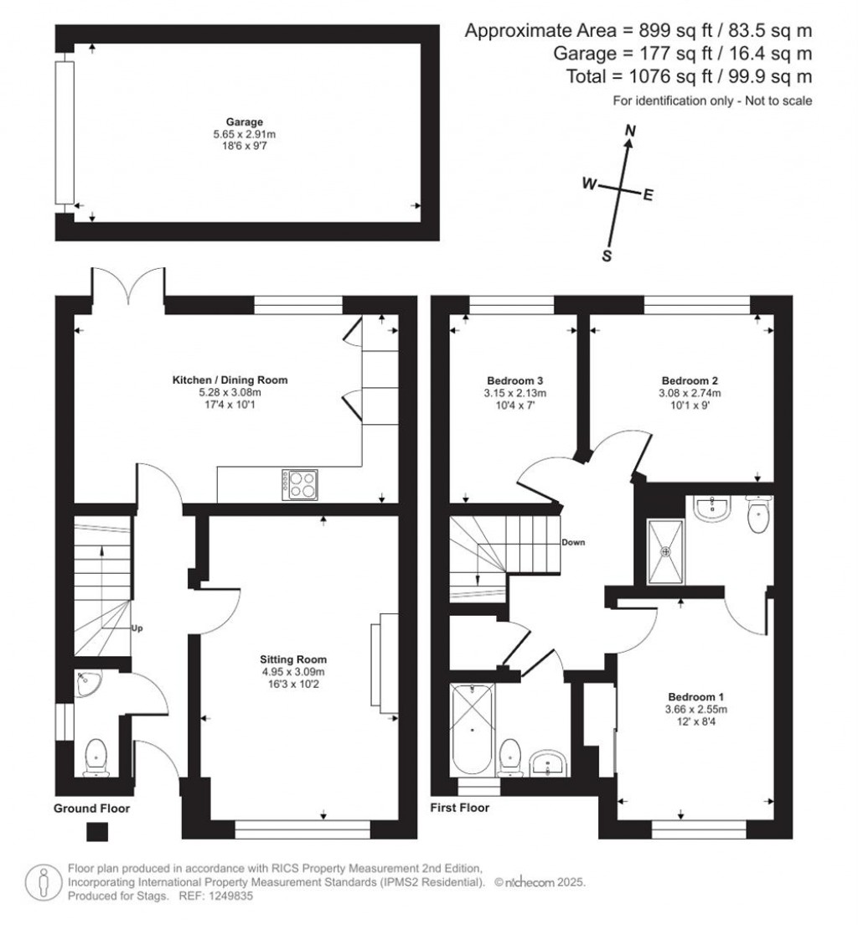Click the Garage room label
(x=245, y=122)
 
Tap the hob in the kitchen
(x=300, y=484)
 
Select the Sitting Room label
(x=293, y=659)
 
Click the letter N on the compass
(x=630, y=131)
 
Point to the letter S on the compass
(x=606, y=256)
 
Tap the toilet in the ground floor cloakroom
(x=96, y=757)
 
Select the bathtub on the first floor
(x=472, y=730)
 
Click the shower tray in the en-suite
(x=665, y=551)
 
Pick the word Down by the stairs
(x=573, y=542)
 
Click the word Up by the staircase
(x=137, y=628)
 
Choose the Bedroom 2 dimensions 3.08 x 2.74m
(x=690, y=393)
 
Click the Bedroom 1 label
(x=695, y=697)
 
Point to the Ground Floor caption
(x=91, y=809)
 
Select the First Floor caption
(x=460, y=808)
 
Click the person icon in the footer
(x=44, y=882)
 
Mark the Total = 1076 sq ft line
(x=690, y=76)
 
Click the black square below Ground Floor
(x=97, y=832)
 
